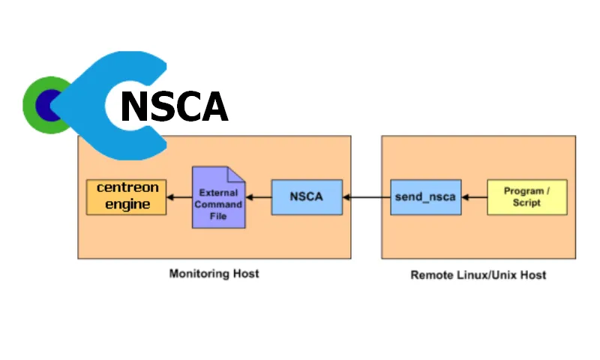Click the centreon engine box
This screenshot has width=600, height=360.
[x=126, y=196]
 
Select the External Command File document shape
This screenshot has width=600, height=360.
[x=219, y=199]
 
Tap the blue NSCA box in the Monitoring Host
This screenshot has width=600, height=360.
[x=306, y=197]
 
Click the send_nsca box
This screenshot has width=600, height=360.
[x=425, y=197]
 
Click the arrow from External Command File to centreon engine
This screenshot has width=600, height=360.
[x=179, y=197]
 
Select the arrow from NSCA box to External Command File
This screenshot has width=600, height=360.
[x=259, y=197]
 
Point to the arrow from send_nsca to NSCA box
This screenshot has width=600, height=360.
[x=366, y=197]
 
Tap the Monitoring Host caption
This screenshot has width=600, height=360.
[x=214, y=274]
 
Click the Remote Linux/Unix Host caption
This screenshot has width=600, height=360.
[x=478, y=275]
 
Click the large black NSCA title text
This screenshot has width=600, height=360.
[x=174, y=106]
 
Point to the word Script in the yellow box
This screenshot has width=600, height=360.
[x=526, y=203]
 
